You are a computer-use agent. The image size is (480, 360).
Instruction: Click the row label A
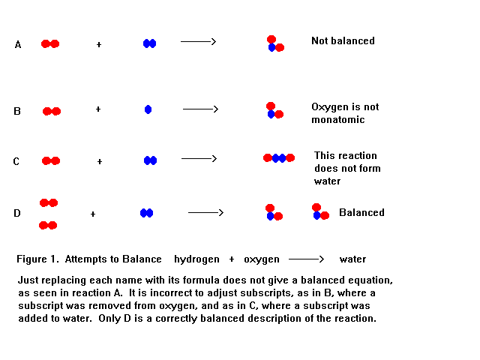click(x=18, y=45)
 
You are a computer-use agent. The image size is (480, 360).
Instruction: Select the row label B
click(x=17, y=111)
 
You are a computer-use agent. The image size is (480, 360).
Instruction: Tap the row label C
click(x=16, y=161)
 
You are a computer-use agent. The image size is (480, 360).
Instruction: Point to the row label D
click(x=16, y=214)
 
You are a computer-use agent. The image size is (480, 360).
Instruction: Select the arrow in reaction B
click(x=200, y=109)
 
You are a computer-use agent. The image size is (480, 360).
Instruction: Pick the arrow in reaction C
click(x=199, y=158)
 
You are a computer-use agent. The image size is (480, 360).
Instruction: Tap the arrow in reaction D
click(x=205, y=212)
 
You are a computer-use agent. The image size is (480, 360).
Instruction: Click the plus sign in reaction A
click(x=98, y=45)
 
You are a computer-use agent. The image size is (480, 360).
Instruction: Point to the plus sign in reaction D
click(x=93, y=214)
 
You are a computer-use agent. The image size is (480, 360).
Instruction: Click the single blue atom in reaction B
click(x=148, y=109)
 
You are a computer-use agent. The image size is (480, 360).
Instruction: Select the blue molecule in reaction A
click(x=149, y=43)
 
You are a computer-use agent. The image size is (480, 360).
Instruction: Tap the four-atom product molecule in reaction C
click(x=279, y=157)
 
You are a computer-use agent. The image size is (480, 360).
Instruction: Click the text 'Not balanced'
click(x=343, y=40)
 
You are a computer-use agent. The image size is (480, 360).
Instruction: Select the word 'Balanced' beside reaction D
click(x=361, y=212)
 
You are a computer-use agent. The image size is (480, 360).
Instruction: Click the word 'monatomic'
click(x=337, y=119)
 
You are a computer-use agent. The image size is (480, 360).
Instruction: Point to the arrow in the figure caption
click(x=308, y=259)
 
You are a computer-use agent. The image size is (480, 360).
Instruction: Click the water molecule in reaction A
click(x=274, y=43)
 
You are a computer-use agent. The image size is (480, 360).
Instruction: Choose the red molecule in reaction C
click(x=51, y=160)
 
